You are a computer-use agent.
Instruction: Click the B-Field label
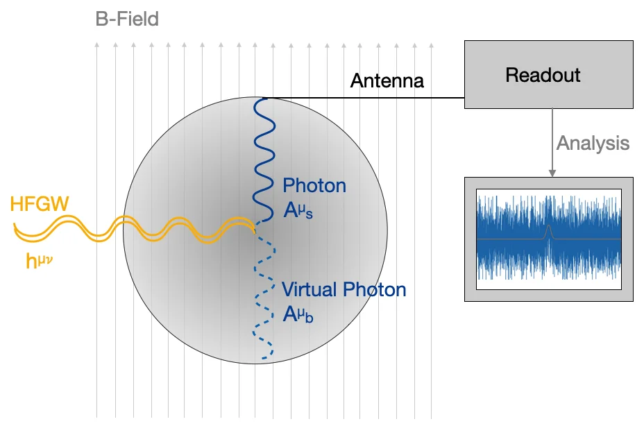pyautogui.click(x=127, y=18)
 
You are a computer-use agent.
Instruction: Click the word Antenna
pyautogui.click(x=387, y=81)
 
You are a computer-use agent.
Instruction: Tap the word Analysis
pyautogui.click(x=593, y=144)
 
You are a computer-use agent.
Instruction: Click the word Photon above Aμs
pyautogui.click(x=314, y=186)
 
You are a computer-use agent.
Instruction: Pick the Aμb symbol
pyautogui.click(x=298, y=315)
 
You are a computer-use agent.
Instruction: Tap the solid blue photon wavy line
pyautogui.click(x=264, y=160)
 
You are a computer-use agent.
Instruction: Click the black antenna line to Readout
pyautogui.click(x=361, y=98)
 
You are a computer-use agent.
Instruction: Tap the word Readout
pyautogui.click(x=542, y=75)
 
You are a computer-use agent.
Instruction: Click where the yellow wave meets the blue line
pyautogui.click(x=255, y=225)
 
